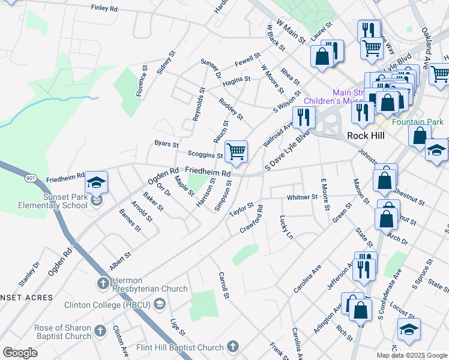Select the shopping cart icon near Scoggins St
237,151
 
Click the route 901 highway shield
30,178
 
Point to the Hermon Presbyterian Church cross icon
102,282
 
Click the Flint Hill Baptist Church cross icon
232,346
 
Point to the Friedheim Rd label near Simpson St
208,173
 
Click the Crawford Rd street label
252,220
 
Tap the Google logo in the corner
20,353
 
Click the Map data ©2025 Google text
412,355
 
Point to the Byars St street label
166,145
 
